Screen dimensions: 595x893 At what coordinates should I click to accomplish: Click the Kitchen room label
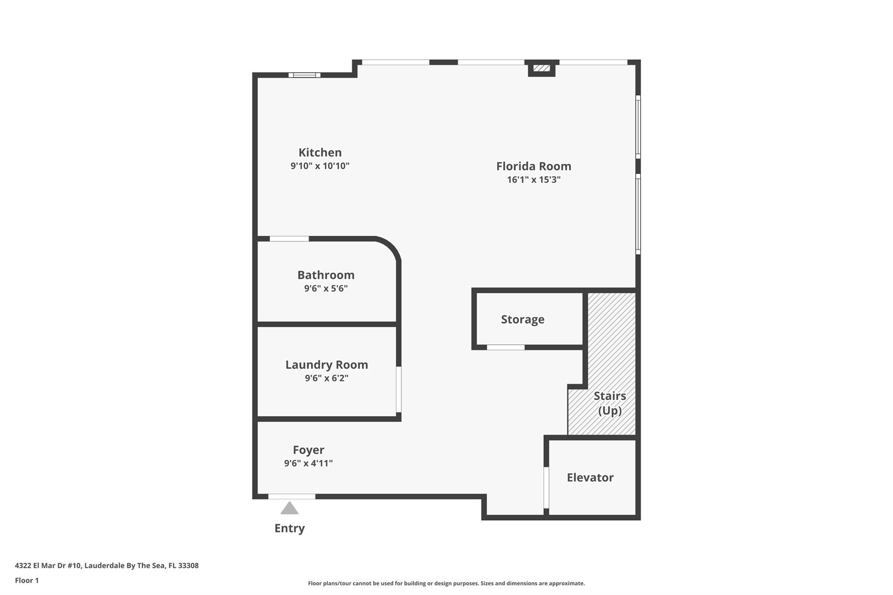click(320, 153)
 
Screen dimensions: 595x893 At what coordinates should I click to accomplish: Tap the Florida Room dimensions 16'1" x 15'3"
click(533, 180)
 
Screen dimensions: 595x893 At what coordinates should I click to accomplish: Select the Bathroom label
click(326, 275)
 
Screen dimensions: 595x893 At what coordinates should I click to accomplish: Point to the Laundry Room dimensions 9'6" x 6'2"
click(326, 378)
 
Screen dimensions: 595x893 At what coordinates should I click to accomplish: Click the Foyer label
click(308, 450)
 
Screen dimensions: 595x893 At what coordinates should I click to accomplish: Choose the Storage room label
click(522, 320)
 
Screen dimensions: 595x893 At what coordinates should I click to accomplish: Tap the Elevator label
click(590, 478)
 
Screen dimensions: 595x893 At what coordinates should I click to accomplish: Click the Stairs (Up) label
click(609, 403)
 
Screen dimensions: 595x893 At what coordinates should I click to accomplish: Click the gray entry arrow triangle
click(290, 509)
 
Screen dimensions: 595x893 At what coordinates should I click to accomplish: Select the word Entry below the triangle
click(290, 528)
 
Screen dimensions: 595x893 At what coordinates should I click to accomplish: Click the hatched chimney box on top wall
click(542, 68)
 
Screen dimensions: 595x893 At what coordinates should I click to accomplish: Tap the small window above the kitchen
click(304, 75)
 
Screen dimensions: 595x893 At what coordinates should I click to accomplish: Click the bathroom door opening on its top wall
click(289, 239)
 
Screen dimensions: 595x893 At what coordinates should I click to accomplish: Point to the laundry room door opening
click(399, 389)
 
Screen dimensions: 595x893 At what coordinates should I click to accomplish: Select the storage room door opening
click(505, 347)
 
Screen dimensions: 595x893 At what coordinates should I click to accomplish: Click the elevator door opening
click(546, 487)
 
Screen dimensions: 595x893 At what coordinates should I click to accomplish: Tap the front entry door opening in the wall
click(291, 496)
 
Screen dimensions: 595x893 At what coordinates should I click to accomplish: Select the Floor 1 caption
click(27, 581)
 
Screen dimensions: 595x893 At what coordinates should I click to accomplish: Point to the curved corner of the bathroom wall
click(391, 247)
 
